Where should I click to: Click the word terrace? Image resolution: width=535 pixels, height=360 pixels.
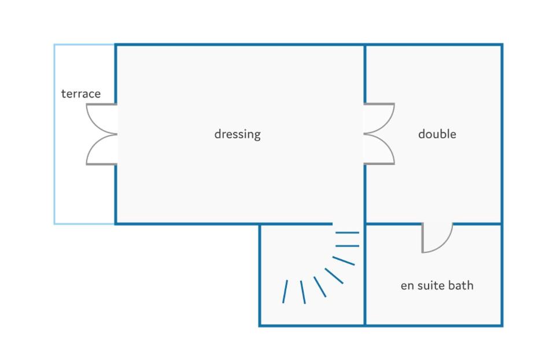[x=81, y=94]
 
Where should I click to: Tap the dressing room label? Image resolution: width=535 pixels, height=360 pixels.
[x=238, y=134]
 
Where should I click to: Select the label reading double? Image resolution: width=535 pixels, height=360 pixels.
[x=437, y=134]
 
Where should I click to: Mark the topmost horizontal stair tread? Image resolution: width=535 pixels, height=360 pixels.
[x=348, y=233]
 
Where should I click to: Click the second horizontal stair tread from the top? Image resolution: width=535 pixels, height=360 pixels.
[x=348, y=246]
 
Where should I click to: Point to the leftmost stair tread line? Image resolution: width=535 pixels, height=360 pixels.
[x=285, y=292]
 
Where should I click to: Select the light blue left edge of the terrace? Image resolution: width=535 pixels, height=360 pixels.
[x=54, y=134]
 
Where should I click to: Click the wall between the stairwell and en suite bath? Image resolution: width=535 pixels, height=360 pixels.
[x=365, y=274]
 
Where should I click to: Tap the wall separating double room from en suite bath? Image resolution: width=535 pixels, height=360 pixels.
[x=433, y=224]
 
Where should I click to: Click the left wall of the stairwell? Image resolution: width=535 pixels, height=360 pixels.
[x=260, y=274]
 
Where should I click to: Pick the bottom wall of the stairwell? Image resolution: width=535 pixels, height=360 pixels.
[x=312, y=325]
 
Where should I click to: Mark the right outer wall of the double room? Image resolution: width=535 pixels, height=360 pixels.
[x=502, y=134]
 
